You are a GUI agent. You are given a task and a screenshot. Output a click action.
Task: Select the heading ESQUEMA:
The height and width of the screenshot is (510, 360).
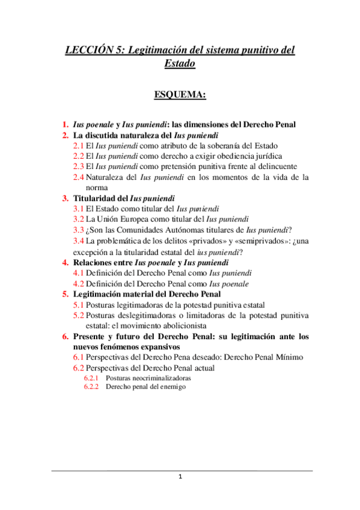(180, 94)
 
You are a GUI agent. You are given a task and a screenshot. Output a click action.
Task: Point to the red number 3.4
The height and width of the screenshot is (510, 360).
(79, 241)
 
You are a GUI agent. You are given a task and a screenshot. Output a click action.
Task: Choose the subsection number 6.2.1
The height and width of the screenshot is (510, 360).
(92, 378)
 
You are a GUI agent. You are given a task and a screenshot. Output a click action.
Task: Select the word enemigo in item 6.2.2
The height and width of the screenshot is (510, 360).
(172, 387)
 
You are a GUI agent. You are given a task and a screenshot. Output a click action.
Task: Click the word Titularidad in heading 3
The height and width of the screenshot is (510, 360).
(96, 198)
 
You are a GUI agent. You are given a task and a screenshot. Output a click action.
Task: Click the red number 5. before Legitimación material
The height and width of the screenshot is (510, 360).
(65, 294)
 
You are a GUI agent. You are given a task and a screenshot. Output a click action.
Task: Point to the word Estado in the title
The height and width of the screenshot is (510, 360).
(180, 63)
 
